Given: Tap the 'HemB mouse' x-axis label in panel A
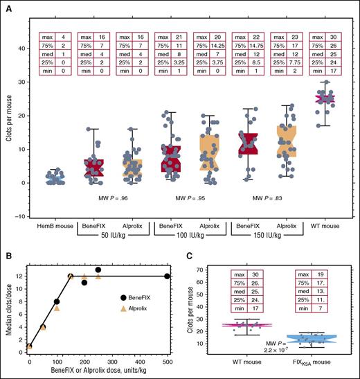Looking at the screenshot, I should tap(53, 227).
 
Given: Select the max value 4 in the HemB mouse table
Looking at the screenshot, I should tap(62, 35).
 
